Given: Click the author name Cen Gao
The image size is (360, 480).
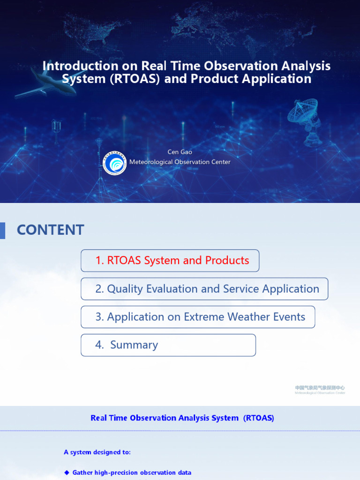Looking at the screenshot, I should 180,152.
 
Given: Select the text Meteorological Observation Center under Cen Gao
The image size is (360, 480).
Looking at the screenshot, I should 180,162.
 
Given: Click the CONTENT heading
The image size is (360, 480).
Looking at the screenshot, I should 51,230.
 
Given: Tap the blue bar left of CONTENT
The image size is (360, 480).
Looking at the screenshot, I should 2,230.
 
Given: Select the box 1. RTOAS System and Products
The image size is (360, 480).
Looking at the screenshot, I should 170,261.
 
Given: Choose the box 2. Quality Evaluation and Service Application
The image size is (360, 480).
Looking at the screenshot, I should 204,289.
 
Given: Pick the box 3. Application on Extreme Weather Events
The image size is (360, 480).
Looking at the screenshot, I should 198,317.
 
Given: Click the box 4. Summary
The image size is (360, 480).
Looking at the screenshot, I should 168,345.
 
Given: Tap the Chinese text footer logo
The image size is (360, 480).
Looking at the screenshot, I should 320,390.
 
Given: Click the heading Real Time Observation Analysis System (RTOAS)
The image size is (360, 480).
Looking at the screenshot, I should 182,418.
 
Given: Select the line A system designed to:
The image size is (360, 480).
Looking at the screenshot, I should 97,452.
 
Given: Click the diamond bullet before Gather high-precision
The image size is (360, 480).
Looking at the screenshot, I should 67,472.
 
